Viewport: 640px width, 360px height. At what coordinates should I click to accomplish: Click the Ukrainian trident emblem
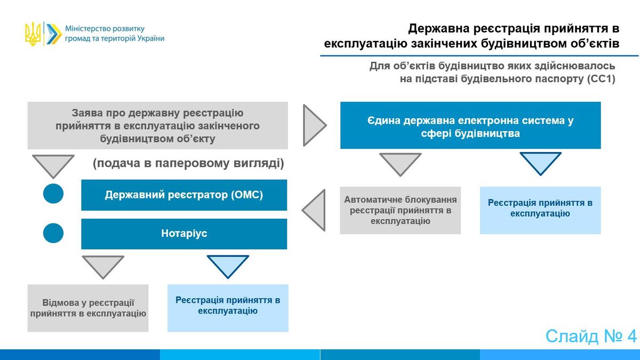33,34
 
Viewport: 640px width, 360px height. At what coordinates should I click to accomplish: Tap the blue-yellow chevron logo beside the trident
54,34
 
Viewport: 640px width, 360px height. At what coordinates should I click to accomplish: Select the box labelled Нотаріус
184,234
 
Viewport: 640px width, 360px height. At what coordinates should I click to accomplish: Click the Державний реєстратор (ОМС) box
184,195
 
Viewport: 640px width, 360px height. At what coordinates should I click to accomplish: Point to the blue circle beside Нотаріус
53,233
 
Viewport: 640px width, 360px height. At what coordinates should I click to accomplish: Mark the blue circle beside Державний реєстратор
53,194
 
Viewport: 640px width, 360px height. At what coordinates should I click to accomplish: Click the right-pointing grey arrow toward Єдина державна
314,125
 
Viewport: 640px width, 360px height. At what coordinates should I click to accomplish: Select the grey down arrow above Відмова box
103,267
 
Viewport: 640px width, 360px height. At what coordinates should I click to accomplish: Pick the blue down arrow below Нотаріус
228,266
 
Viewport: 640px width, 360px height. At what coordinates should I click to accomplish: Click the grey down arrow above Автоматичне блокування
400,164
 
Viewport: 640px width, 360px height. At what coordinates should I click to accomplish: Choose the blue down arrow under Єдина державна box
540,163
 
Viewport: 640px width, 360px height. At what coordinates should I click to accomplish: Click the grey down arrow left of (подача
53,166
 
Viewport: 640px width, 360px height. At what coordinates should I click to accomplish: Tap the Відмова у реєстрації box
88,308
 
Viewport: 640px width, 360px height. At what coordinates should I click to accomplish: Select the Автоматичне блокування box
401,210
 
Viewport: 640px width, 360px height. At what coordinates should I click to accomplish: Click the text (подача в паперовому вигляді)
188,163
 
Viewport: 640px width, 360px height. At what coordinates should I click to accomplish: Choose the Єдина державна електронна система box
470,125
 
